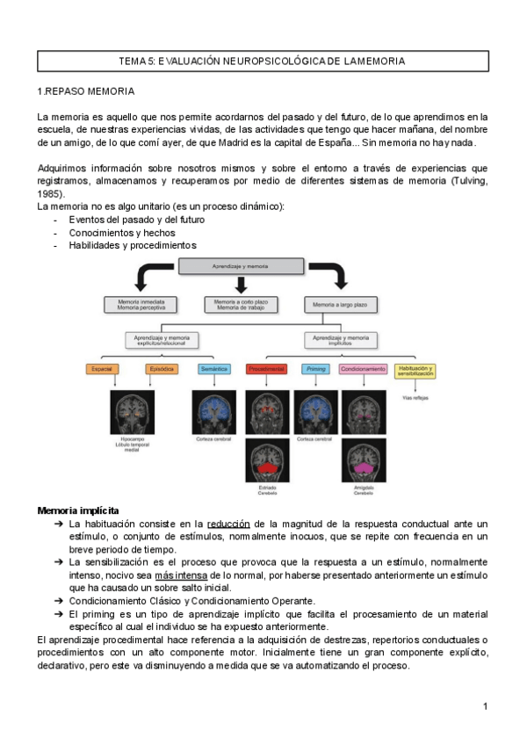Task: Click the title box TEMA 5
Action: pyautogui.click(x=263, y=61)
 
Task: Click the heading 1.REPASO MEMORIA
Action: pyautogui.click(x=86, y=92)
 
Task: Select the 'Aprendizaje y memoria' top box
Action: pyautogui.click(x=241, y=265)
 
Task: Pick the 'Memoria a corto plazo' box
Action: pyautogui.click(x=241, y=304)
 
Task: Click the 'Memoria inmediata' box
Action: pyautogui.click(x=141, y=304)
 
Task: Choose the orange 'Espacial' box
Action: pyautogui.click(x=102, y=369)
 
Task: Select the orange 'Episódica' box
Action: pyautogui.click(x=162, y=369)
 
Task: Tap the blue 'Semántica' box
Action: pyautogui.click(x=214, y=369)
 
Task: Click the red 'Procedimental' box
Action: pyautogui.click(x=266, y=369)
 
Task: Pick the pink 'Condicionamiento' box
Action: pyautogui.click(x=363, y=369)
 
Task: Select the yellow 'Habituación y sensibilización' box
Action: pyautogui.click(x=415, y=371)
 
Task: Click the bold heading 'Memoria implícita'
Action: pyautogui.click(x=79, y=510)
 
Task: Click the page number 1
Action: pyautogui.click(x=485, y=706)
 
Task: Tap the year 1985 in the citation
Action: pyautogui.click(x=50, y=193)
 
